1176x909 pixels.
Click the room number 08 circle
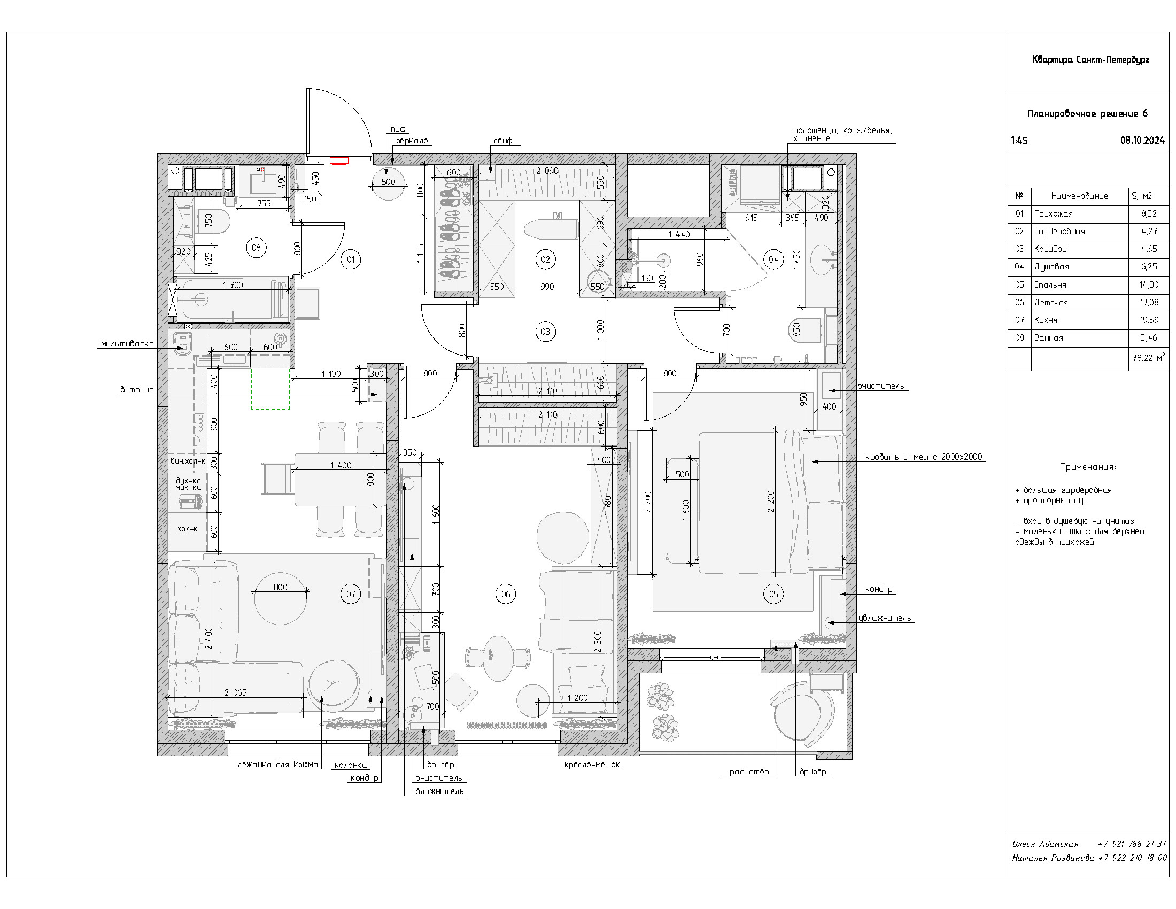256,248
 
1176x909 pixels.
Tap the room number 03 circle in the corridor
545,332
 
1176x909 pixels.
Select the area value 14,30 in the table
1149,285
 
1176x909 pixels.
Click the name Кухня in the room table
1046,320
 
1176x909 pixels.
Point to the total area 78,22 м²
1149,358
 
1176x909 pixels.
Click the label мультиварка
127,344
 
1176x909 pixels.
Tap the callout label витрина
137,390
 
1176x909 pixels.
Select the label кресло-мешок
592,765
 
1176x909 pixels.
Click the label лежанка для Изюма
278,765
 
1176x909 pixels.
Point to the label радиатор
749,772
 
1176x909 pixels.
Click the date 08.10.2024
1142,141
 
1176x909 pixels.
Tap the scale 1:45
1019,141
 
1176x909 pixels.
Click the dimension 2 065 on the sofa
236,692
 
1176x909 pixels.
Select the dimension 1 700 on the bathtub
233,286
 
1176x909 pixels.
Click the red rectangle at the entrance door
339,160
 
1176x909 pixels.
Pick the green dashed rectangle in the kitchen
270,389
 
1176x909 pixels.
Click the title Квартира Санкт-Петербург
1090,60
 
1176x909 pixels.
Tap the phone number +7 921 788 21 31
1132,844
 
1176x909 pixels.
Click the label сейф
503,141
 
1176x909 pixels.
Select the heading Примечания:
1088,467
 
